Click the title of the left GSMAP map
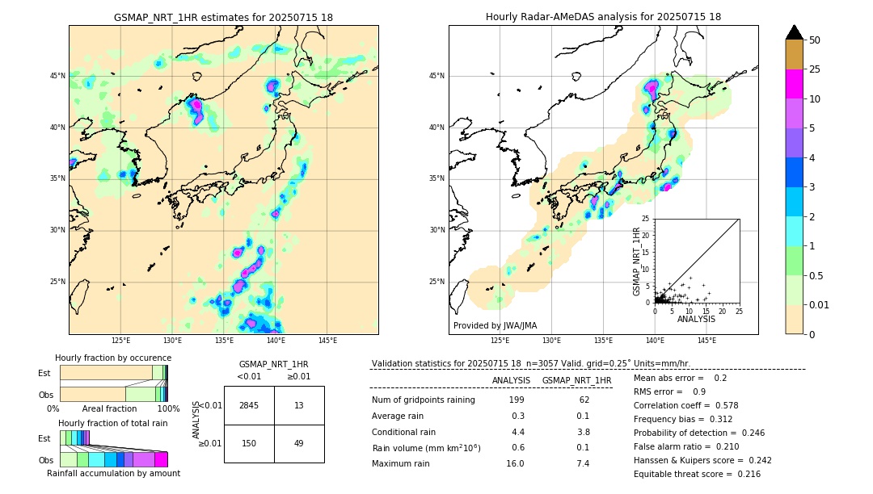[223, 17]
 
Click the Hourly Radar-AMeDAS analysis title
[603, 17]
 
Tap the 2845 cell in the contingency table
[249, 405]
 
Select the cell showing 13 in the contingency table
[299, 405]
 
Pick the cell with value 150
[249, 443]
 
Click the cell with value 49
[299, 443]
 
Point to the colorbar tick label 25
[815, 69]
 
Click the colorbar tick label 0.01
[820, 304]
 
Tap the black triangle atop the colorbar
[795, 32]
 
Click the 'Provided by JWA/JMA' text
[495, 326]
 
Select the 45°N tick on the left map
[57, 76]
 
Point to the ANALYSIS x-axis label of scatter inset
[696, 319]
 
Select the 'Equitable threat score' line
[697, 474]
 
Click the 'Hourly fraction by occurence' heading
[113, 358]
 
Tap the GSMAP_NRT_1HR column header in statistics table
[576, 380]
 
